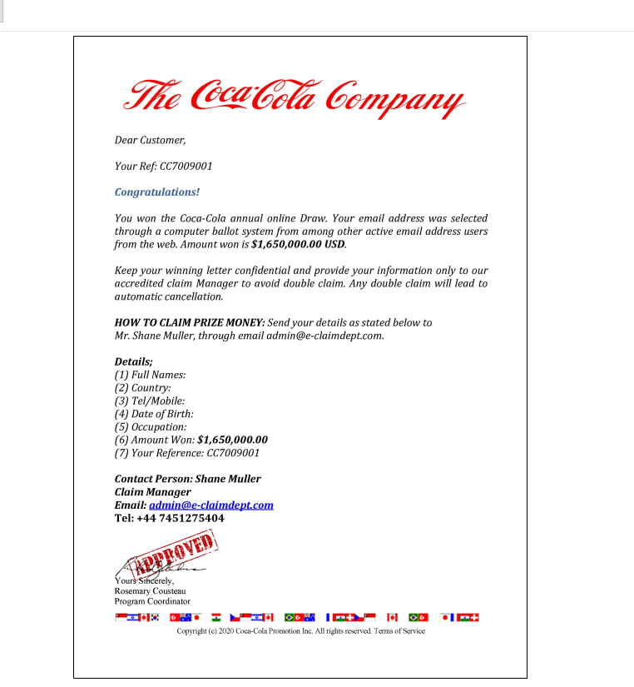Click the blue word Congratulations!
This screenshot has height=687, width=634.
[157, 192]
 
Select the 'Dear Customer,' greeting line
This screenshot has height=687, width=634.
[151, 140]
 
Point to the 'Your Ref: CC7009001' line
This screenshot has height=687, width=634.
[164, 167]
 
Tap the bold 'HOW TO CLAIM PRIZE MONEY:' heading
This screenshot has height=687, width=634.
[190, 323]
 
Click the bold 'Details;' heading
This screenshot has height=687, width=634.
[134, 362]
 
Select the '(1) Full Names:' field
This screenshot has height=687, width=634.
[151, 376]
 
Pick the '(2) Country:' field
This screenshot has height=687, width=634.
[143, 388]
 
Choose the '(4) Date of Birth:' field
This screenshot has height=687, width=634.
[154, 414]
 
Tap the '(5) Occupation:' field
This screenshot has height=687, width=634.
[151, 427]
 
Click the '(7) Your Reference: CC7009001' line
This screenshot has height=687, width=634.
[187, 453]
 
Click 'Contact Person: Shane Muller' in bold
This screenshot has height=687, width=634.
[188, 479]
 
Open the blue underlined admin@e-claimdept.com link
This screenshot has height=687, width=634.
[211, 505]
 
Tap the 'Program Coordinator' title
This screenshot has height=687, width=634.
[152, 601]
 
